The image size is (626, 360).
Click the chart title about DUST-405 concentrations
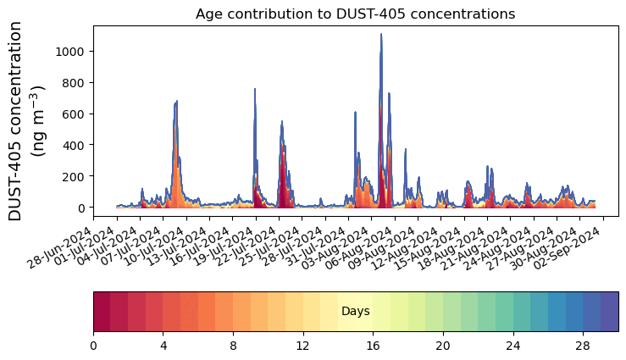tap(355, 14)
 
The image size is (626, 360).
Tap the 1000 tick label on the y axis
tap(74, 52)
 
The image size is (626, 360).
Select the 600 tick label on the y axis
tap(77, 114)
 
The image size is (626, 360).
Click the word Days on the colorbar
tap(355, 312)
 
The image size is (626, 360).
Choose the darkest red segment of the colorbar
tap(102, 312)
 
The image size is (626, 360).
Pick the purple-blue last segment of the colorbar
tap(609, 312)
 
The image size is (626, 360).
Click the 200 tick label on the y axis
tap(77, 176)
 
